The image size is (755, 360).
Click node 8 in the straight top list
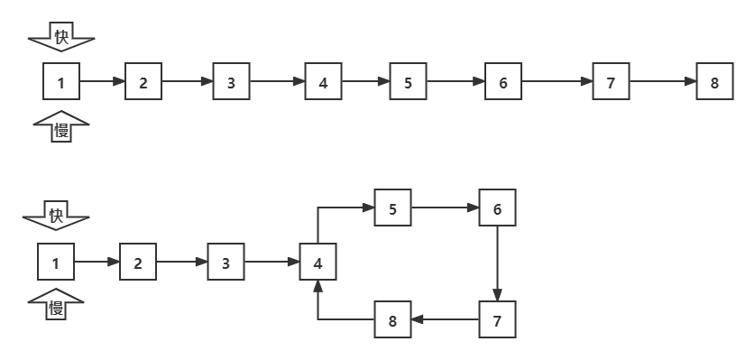tap(714, 83)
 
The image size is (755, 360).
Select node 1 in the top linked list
tap(61, 83)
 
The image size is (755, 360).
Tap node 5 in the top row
tap(409, 83)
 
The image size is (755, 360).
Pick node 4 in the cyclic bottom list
tap(318, 263)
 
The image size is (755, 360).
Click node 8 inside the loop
tap(392, 319)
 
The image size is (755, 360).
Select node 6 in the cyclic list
tap(497, 208)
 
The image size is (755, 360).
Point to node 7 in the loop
tap(497, 319)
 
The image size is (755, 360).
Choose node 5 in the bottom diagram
tap(392, 208)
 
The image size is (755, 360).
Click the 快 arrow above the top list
tap(61, 39)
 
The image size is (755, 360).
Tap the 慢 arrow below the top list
tap(61, 129)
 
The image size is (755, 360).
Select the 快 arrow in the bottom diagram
tap(56, 217)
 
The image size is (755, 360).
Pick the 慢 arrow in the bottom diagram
tap(56, 307)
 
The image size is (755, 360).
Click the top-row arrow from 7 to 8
tap(663, 83)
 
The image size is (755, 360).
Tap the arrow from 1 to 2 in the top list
tap(102, 83)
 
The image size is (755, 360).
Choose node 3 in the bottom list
tap(226, 263)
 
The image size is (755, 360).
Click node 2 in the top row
tap(143, 83)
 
